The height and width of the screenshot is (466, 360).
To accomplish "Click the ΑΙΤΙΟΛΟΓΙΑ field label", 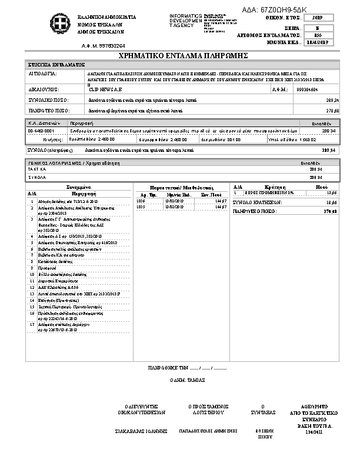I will (42, 75).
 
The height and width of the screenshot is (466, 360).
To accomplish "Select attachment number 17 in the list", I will (32, 324).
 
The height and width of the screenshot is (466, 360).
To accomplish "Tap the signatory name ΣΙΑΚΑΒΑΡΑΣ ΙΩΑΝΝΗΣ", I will (138, 431).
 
